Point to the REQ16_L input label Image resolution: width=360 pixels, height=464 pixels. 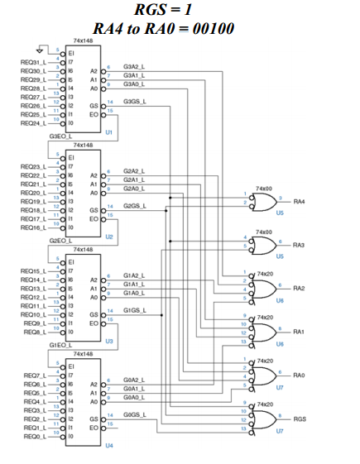(34, 226)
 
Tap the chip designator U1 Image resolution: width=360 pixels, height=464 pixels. (109, 132)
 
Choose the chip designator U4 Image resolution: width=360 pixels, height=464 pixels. (109, 445)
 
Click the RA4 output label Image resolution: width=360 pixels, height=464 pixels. (299, 201)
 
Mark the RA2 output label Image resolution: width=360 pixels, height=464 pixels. (299, 288)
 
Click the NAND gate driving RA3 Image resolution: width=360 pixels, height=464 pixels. (265, 245)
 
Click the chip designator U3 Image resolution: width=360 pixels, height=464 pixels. (109, 340)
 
